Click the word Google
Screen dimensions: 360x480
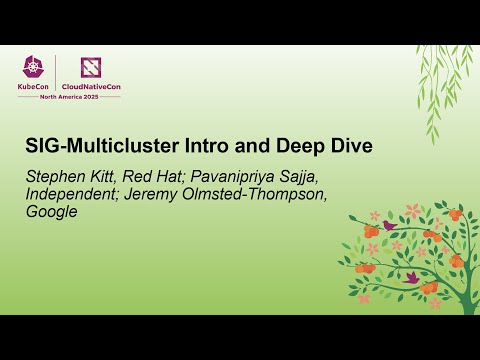[x=53, y=212]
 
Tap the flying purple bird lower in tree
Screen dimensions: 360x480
[x=410, y=277]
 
